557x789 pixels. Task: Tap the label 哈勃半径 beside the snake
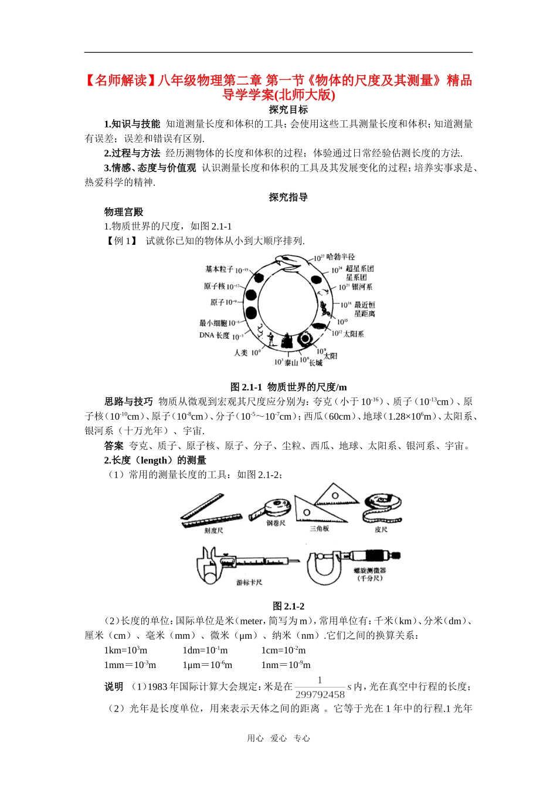(341, 257)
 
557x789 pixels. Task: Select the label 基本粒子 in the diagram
(219, 269)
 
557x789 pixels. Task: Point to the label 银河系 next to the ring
(362, 287)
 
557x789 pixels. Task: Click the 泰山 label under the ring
(291, 363)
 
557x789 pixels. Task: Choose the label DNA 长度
(215, 336)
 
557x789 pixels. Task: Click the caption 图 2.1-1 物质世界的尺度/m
(288, 387)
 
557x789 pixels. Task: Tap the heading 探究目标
(288, 110)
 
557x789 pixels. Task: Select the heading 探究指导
(288, 197)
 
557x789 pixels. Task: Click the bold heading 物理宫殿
(124, 212)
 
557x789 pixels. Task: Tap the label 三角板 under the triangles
(320, 529)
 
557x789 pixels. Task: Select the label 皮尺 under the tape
(381, 530)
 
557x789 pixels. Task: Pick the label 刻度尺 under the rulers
(213, 531)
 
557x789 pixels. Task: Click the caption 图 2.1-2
(288, 606)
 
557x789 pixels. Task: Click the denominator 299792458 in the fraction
(320, 694)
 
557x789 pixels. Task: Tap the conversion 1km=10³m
(125, 650)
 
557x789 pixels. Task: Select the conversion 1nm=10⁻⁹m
(286, 665)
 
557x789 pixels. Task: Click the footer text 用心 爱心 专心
(278, 739)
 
